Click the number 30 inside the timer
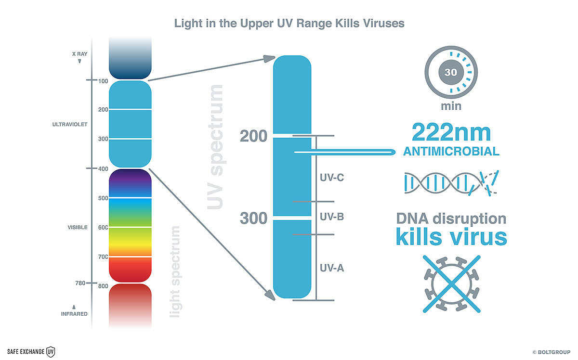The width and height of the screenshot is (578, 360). coord(451,72)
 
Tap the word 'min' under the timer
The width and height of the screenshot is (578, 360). coord(451,106)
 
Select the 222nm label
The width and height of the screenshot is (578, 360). coord(451,132)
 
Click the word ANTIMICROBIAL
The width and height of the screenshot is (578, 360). coord(451,152)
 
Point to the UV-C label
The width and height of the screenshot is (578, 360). coord(332,178)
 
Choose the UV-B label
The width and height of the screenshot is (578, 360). coord(332,217)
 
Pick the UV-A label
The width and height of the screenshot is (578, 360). coord(332,268)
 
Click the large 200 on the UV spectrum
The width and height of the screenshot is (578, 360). coord(253,136)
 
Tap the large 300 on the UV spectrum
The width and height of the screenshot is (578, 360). coord(253,218)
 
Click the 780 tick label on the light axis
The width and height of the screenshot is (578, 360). coord(80,283)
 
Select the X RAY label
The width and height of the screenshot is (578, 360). coord(80,54)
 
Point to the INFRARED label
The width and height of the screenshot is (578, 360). coord(74,314)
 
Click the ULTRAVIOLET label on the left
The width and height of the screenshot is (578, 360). coord(70,124)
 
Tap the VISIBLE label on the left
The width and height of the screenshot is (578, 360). coord(78,227)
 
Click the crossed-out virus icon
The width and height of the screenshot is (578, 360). coord(452,284)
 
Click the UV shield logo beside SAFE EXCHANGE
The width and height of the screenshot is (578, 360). coord(51,352)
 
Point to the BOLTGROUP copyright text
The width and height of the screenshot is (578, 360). coord(552,352)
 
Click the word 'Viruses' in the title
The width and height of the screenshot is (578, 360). coord(384,23)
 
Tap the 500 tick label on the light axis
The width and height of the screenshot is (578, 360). coord(103,198)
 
